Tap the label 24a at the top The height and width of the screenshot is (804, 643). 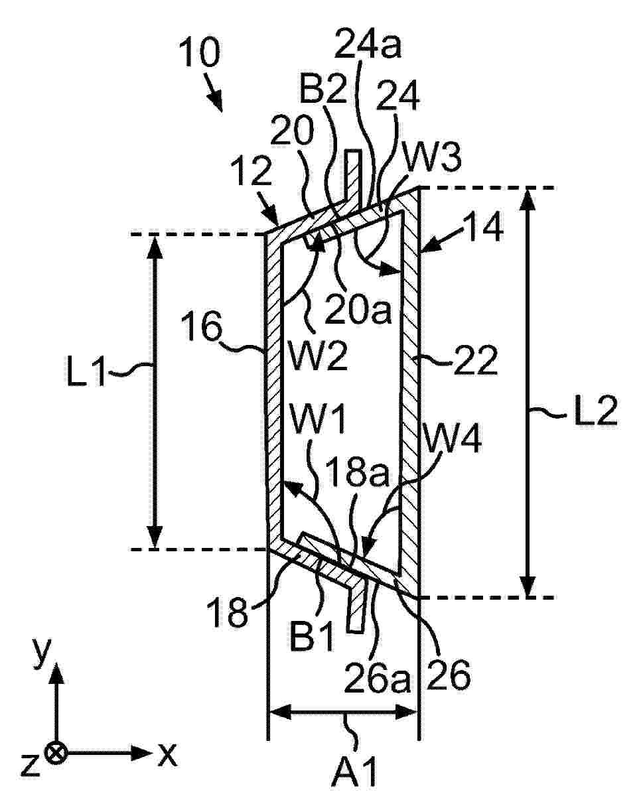point(368,44)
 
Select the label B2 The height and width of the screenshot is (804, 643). point(323,87)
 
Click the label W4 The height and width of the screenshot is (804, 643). point(451,438)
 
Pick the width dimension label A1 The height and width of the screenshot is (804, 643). point(354,781)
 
